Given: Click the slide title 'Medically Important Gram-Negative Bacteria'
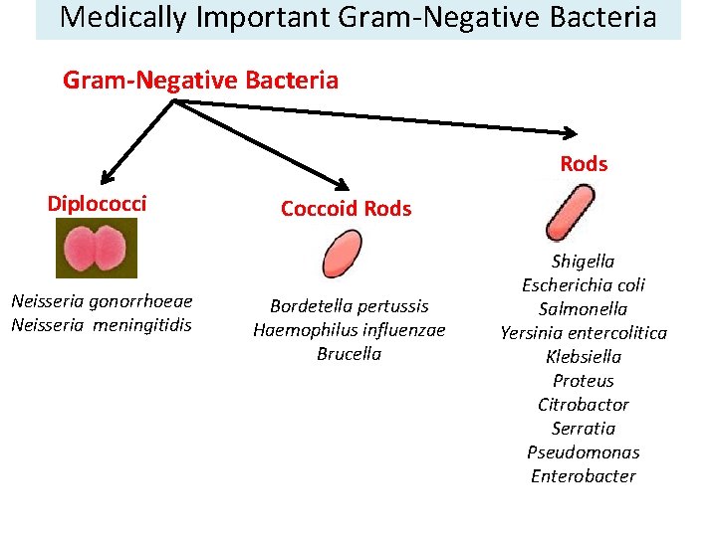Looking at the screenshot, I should click(358, 18).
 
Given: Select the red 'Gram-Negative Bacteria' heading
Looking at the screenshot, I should click(200, 80).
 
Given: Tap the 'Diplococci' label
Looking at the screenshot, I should click(97, 204).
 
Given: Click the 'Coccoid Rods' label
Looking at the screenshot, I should click(346, 209).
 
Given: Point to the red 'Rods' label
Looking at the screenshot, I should click(584, 164).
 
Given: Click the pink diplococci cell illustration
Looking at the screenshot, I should click(96, 249).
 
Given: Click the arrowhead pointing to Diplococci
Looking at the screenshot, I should click(105, 179).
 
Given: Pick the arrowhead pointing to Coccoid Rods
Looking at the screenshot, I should click(342, 185).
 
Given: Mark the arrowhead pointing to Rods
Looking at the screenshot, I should click(571, 133).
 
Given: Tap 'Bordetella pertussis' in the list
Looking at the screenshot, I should click(350, 306).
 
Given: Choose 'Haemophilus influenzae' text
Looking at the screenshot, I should click(350, 330).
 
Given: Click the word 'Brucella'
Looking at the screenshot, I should click(350, 354).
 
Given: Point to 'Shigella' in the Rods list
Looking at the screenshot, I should click(584, 262).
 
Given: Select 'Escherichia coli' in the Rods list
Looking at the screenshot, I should click(584, 285).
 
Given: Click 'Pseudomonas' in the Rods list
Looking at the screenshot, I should click(584, 452).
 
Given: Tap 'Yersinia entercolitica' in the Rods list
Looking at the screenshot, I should click(584, 333).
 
